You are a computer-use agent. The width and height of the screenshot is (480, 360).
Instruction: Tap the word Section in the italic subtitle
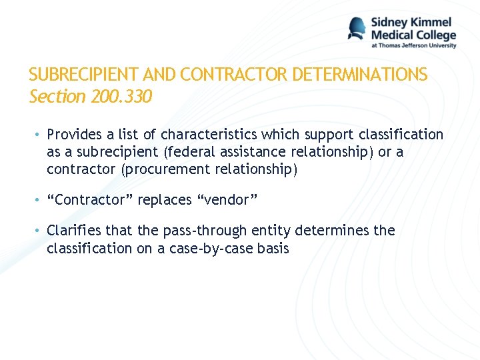[57, 97]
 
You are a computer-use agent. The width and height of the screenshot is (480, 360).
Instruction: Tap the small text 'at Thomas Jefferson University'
[414, 45]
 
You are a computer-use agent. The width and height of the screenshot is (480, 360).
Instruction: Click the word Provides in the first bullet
[75, 135]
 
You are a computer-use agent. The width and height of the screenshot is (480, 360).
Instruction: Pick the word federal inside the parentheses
[193, 152]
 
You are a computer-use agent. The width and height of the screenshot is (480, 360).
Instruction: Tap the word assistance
[257, 152]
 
